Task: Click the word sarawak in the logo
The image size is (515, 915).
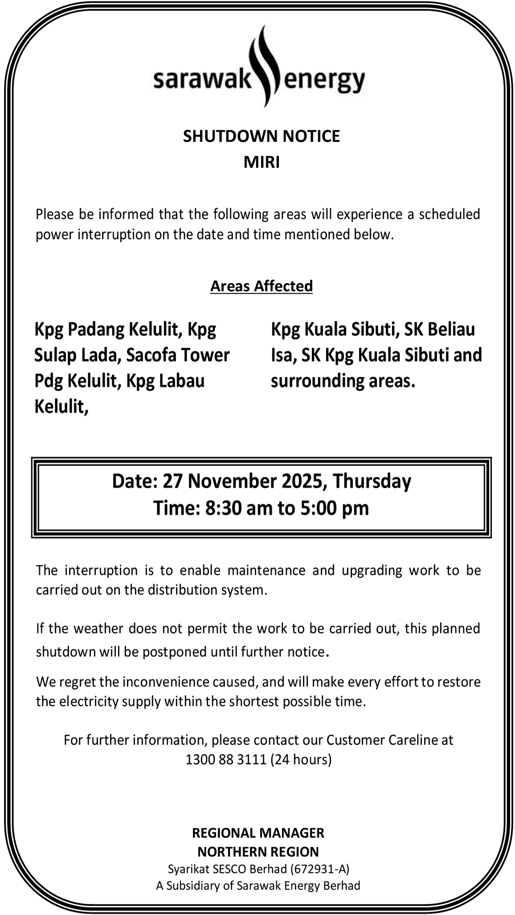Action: [202, 80]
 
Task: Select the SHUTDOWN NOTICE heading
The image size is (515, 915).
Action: [261, 136]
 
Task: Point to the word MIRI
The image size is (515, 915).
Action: [262, 162]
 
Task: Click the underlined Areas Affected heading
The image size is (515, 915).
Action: [261, 286]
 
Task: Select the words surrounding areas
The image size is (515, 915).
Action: [343, 381]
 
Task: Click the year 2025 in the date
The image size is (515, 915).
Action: [302, 481]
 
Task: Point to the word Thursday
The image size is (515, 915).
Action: [372, 481]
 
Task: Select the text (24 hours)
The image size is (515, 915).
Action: [301, 760]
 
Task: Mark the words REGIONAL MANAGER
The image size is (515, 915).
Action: [258, 833]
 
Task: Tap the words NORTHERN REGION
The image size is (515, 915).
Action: [258, 851]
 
